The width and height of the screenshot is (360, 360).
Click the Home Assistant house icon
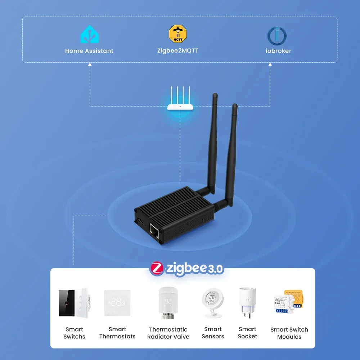click(x=89, y=35)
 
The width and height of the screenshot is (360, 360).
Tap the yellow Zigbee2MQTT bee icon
click(x=178, y=34)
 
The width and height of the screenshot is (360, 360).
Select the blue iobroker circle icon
click(x=277, y=36)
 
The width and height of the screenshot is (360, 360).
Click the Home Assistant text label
click(x=89, y=51)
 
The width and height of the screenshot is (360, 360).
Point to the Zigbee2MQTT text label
click(x=178, y=50)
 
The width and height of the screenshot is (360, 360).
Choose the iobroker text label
click(x=278, y=51)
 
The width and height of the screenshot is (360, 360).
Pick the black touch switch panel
click(x=67, y=303)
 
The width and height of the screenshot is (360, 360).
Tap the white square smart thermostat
click(x=117, y=303)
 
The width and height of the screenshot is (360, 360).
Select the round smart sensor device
click(x=213, y=302)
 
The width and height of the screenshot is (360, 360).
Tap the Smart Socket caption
click(x=248, y=333)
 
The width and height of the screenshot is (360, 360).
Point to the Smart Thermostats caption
click(x=117, y=333)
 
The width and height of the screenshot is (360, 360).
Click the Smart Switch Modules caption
click(x=289, y=333)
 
